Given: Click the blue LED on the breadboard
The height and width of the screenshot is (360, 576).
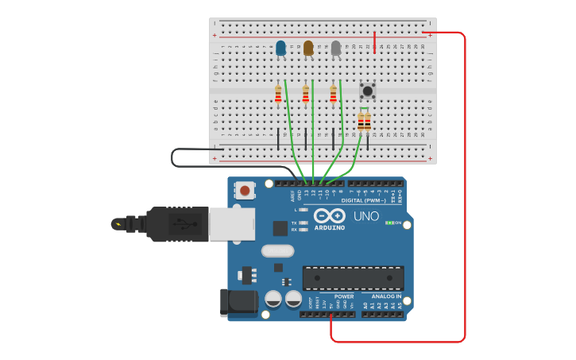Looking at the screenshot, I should click(280, 48).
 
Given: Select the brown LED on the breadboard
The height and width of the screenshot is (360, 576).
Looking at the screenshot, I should click(308, 48).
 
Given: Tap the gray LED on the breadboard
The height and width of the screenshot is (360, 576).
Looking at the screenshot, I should click(336, 48).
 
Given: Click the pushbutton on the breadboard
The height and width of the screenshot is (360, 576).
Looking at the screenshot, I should click(368, 91).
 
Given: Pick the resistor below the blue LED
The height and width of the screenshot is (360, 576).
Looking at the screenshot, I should click(278, 95).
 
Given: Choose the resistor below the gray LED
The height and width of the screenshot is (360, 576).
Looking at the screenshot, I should click(333, 95).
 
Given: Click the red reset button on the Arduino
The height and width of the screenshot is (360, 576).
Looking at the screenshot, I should click(245, 190).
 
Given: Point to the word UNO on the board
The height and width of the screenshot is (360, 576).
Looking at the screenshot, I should click(366, 216).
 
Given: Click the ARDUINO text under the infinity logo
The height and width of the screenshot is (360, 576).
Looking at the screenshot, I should click(329, 227).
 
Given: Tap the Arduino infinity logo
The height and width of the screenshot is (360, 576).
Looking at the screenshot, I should click(329, 215).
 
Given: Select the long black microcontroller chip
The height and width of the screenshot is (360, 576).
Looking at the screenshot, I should click(353, 277).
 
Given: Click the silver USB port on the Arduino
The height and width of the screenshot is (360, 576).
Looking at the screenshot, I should click(232, 223).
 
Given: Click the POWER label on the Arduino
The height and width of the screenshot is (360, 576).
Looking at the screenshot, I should click(344, 296).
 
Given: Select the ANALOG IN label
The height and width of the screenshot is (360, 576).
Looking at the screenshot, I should click(387, 296).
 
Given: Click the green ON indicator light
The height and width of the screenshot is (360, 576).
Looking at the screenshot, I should click(389, 223).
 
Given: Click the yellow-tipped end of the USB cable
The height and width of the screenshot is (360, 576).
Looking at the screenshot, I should click(118, 224).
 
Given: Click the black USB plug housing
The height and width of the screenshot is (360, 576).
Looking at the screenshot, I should click(178, 223).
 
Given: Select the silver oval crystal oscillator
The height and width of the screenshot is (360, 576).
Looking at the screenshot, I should click(277, 251).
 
